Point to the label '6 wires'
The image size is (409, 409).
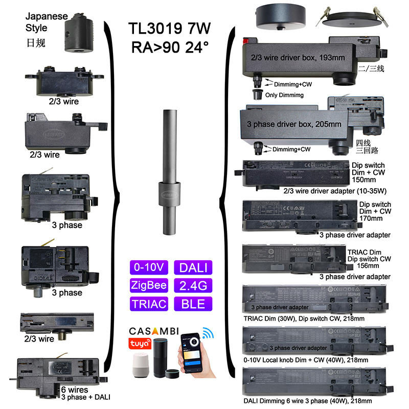coord(74,389)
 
